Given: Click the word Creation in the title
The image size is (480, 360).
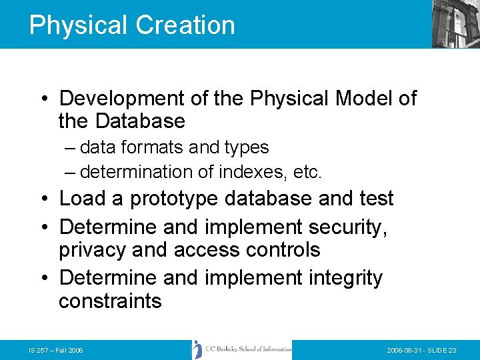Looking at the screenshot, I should pyautogui.click(x=185, y=25).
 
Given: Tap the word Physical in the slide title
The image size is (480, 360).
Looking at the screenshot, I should pyautogui.click(x=78, y=25).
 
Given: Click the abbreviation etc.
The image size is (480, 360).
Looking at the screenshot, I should pyautogui.click(x=307, y=172).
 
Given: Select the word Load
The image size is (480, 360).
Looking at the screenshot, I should pyautogui.click(x=83, y=199).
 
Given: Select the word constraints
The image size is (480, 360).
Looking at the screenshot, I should pyautogui.click(x=110, y=301).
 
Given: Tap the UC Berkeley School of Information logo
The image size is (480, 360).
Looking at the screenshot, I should pyautogui.click(x=241, y=349).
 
